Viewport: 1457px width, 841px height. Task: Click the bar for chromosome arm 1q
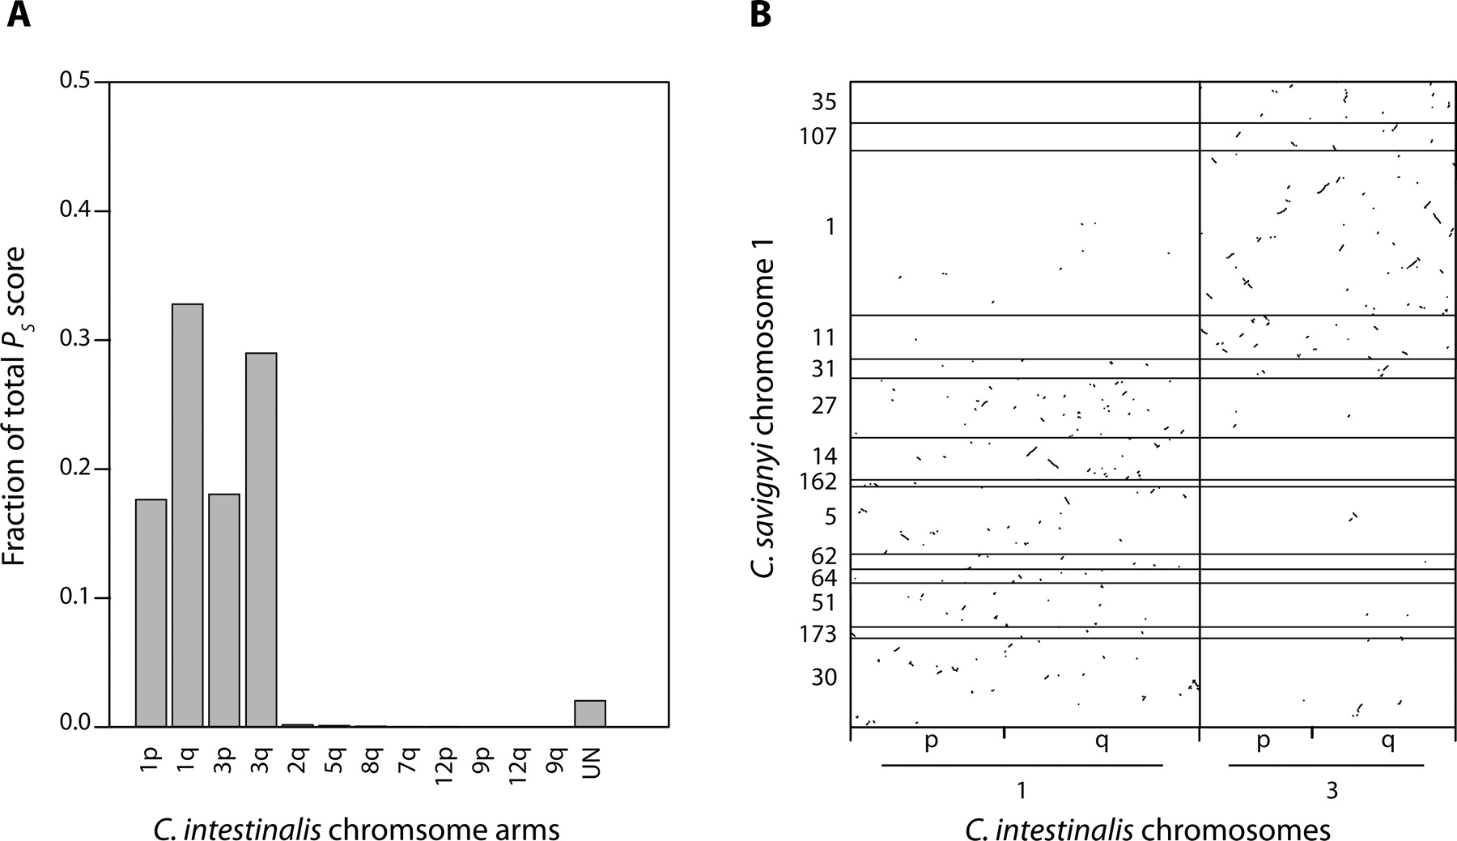187,515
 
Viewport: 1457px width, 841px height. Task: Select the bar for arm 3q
261,539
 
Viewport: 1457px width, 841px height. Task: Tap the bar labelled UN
589,713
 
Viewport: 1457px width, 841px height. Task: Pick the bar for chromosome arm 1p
151,613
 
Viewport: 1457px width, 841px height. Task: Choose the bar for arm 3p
224,610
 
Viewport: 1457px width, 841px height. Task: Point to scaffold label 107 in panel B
817,136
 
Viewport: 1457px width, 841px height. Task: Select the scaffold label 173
817,635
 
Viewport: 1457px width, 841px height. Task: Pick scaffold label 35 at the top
824,102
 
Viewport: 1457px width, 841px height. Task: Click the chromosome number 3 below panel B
1332,791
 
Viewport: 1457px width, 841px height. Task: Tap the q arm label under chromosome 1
1101,741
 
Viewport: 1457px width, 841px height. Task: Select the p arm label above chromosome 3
1263,741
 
